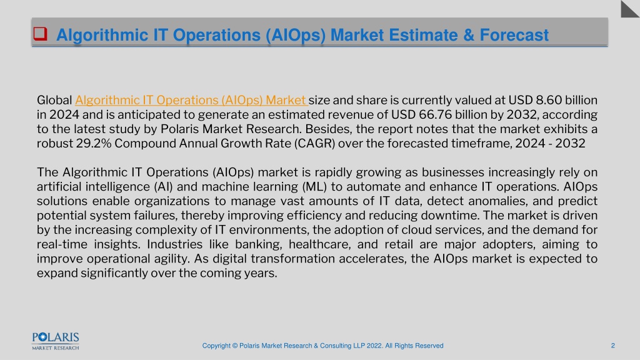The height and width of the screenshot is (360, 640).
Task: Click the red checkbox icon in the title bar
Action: [x=40, y=34]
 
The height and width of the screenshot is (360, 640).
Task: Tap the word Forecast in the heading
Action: [x=514, y=35]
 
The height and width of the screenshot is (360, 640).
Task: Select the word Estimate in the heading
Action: [x=422, y=35]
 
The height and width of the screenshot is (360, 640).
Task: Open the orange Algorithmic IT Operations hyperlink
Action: [x=191, y=101]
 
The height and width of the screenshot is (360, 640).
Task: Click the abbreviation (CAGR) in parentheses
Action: [x=314, y=144]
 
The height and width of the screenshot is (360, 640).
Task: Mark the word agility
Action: [x=173, y=259]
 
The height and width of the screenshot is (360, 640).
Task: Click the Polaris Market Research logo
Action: [x=56, y=341]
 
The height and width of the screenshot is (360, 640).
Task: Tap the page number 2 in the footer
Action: [x=612, y=346]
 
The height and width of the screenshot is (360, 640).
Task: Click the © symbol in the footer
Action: [x=235, y=346]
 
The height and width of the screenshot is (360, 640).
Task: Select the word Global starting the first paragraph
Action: [x=54, y=101]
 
